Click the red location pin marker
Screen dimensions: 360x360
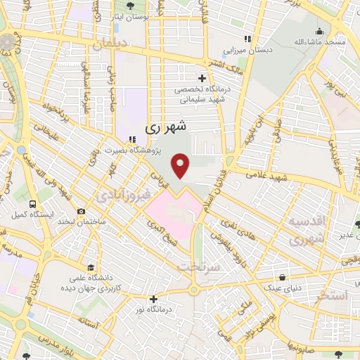181,166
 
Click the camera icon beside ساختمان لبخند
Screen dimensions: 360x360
82,212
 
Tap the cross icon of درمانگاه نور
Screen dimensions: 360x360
153,298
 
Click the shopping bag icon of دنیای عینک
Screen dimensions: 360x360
282,277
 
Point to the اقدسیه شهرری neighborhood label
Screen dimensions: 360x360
309,229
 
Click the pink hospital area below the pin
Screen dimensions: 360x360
172,211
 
